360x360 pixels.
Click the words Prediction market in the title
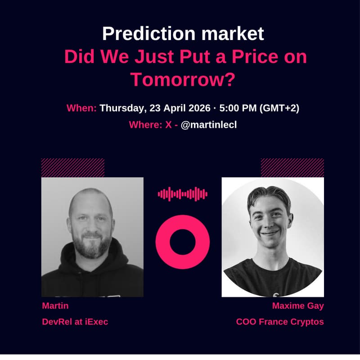pos(183,34)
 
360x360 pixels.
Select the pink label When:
pos(81,108)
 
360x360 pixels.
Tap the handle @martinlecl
pos(208,125)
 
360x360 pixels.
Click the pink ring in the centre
pos(182,242)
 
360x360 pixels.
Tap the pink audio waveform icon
pos(182,194)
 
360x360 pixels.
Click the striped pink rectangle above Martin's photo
pos(72,167)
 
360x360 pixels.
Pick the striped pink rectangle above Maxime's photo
pos(292,167)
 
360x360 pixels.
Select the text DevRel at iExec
pos(75,322)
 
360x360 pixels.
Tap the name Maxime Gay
pos(298,306)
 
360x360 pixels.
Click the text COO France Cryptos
pos(280,322)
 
